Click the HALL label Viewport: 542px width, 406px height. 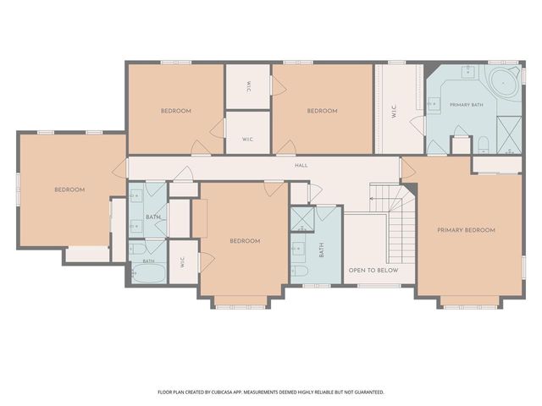[x=301, y=166]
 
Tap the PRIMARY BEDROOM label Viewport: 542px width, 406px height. [x=466, y=230]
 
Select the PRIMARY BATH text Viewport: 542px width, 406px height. [x=467, y=105]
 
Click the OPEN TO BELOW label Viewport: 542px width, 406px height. [x=373, y=271]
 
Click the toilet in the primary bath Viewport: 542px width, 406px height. [x=483, y=145]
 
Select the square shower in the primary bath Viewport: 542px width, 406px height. [x=509, y=134]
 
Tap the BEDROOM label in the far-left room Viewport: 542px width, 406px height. [x=69, y=189]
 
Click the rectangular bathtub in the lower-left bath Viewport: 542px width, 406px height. [x=149, y=273]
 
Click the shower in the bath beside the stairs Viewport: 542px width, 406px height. [x=302, y=219]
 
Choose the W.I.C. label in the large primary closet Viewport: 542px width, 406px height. [x=395, y=111]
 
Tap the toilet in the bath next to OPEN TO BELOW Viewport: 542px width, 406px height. [x=299, y=271]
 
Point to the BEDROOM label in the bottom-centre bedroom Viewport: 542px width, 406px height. [x=245, y=241]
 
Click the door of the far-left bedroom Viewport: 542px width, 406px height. [x=119, y=169]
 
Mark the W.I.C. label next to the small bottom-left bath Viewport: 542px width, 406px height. [x=183, y=263]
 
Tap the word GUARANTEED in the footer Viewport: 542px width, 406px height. [x=370, y=392]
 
